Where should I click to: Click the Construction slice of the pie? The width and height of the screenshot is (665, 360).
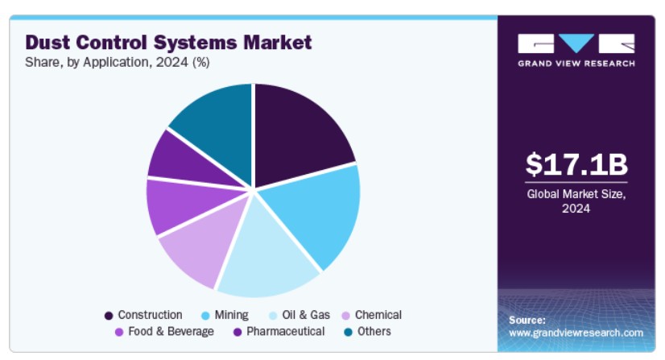298,129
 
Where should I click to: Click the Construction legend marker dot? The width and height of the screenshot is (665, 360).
109,316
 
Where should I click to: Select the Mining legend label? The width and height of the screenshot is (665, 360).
231,315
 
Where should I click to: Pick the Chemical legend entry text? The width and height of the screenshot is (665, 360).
378,315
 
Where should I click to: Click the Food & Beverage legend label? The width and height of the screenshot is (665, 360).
171,332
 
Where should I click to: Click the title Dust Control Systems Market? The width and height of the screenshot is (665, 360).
168,42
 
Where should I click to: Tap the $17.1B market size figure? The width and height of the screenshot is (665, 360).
576,164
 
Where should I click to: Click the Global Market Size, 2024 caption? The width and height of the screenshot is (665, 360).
576,201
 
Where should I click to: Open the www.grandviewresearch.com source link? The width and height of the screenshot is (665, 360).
576,333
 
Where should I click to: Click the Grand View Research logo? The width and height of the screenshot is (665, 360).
576,49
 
